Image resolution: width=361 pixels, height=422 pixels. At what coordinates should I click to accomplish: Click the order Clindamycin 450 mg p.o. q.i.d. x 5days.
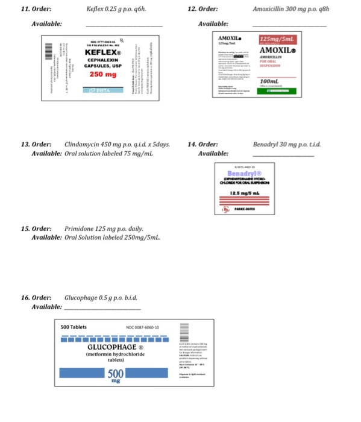click(x=117, y=145)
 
